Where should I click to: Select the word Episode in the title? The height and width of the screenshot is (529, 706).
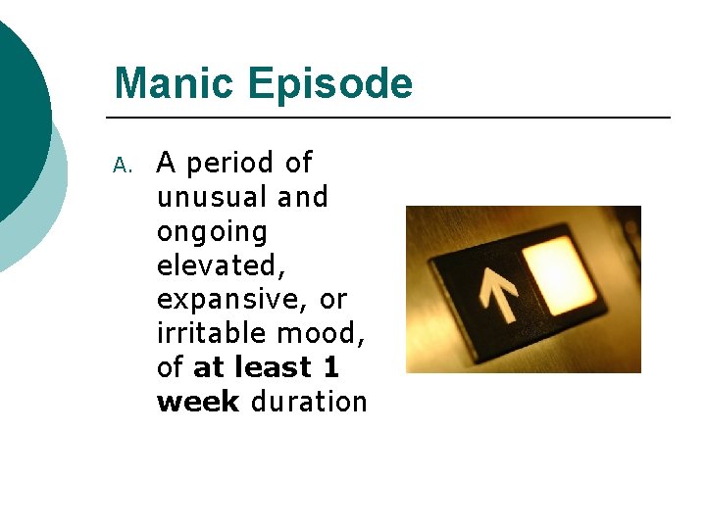coord(330,85)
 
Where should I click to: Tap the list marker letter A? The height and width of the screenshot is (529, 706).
coord(122,165)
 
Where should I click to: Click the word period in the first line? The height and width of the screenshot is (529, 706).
coord(231,164)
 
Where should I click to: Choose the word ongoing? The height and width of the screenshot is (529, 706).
coord(212,233)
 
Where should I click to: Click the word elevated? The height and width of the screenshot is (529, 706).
coord(215,265)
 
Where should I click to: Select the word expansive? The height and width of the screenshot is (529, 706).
coord(230,300)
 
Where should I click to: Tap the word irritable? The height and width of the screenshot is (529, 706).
coord(212,333)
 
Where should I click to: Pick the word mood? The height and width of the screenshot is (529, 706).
coord(321,333)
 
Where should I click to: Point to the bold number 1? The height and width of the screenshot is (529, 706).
coord(330,367)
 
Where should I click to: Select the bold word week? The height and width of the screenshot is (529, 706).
coord(197,402)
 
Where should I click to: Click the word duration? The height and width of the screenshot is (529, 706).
coord(309,402)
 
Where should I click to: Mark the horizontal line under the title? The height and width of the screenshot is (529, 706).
coord(392,118)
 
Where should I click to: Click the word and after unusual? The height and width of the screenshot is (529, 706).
coord(302,198)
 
